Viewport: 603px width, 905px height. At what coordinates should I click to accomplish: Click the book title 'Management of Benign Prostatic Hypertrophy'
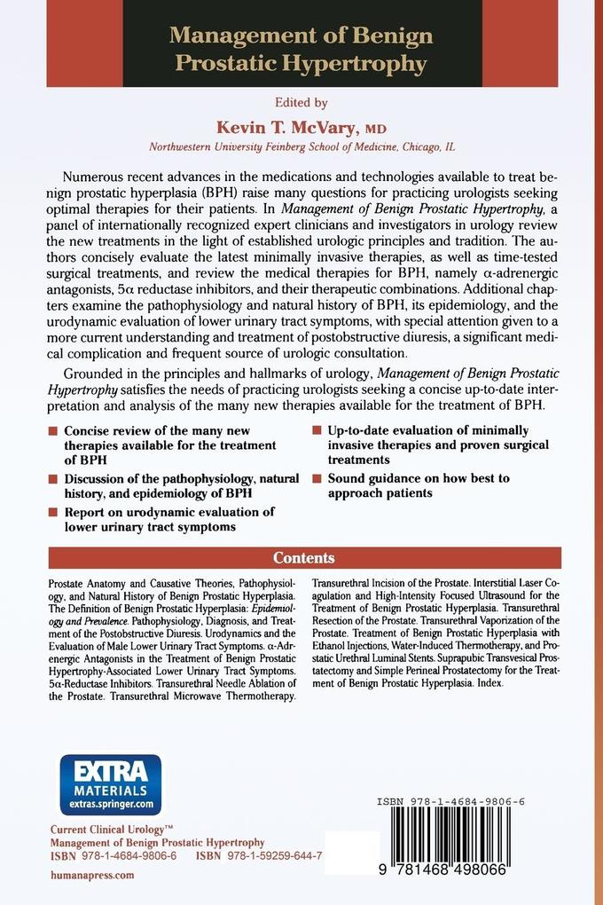click(301, 50)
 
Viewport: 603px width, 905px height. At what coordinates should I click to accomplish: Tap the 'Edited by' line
click(301, 102)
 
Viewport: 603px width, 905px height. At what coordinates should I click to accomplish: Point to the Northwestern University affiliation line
click(301, 146)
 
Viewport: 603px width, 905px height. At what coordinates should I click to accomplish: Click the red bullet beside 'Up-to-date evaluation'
click(316, 430)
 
